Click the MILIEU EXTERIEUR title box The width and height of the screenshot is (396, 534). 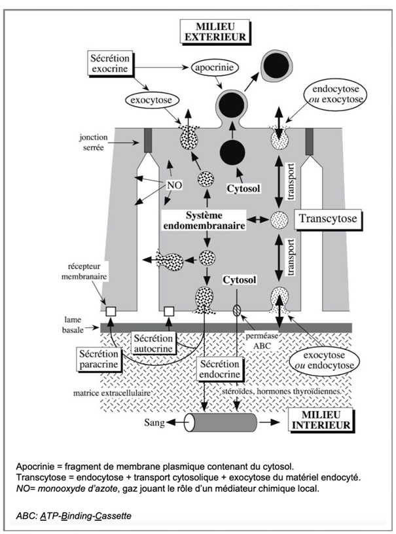[215, 31]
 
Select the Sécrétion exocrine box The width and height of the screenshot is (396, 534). [110, 63]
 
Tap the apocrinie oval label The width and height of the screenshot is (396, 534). [214, 67]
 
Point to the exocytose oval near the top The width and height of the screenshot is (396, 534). [151, 101]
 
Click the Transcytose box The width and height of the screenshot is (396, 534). [327, 219]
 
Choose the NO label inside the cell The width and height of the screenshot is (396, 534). [174, 185]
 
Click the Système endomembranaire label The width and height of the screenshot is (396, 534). [204, 221]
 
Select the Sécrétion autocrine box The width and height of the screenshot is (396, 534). [153, 344]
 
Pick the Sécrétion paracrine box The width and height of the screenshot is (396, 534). [98, 359]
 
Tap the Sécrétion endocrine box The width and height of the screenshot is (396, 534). [220, 369]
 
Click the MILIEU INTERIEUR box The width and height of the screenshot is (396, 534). [321, 420]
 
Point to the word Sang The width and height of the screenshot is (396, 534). [154, 423]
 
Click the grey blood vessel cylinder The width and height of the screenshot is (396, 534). [221, 423]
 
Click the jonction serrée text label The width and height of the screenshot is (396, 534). [94, 143]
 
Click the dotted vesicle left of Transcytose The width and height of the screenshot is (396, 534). [279, 220]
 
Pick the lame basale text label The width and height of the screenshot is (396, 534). [72, 325]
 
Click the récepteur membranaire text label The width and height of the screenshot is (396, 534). [84, 271]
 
